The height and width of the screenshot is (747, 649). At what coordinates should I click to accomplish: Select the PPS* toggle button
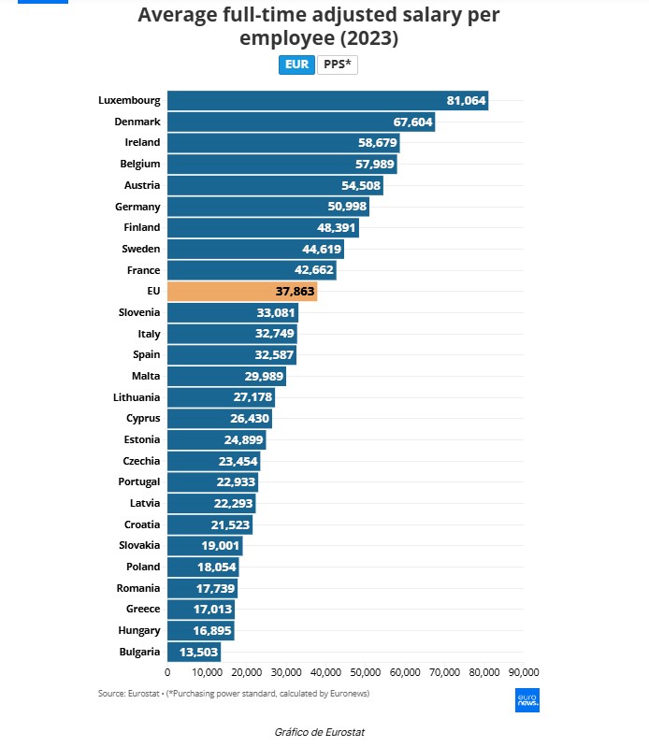(338, 65)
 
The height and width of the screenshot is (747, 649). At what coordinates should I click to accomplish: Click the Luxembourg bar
(327, 101)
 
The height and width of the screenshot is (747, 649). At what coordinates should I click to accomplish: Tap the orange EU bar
(241, 292)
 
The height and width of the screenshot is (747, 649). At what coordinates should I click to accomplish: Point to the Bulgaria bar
(194, 652)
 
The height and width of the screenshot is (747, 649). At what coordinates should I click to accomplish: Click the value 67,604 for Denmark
(411, 122)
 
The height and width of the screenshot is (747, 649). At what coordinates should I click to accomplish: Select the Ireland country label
(142, 143)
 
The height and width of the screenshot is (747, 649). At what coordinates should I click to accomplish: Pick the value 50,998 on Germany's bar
(345, 207)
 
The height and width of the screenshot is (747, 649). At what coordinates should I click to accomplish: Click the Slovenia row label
(139, 312)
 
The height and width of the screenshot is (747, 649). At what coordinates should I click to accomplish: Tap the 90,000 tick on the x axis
(524, 672)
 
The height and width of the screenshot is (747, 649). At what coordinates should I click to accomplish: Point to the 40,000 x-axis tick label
(325, 672)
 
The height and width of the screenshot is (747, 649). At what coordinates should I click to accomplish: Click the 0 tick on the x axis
(167, 672)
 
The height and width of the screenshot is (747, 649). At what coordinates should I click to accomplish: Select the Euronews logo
(527, 700)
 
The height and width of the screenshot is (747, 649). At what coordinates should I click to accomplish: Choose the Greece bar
(200, 610)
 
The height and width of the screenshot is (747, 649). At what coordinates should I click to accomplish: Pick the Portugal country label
(140, 481)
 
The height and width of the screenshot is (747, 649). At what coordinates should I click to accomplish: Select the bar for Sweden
(255, 249)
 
